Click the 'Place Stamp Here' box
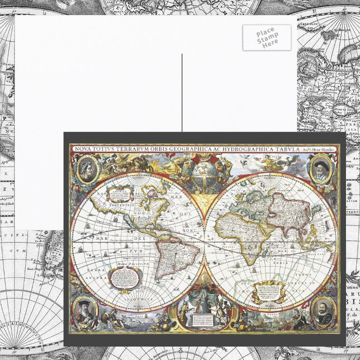pyautogui.click(x=267, y=37)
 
